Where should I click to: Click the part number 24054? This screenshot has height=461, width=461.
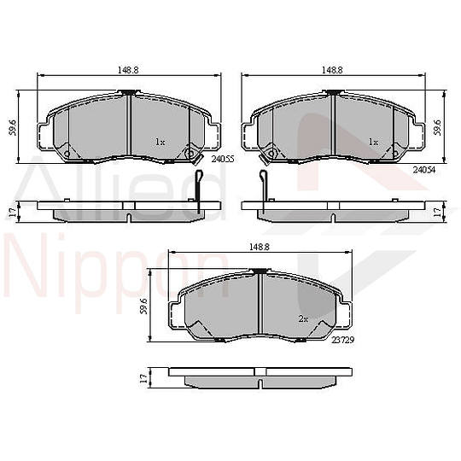coord(424,171)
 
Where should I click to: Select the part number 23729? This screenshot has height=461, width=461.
coord(343,338)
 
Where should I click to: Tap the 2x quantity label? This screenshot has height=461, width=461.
coord(302,318)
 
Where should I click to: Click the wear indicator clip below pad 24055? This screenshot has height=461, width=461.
coord(197,192)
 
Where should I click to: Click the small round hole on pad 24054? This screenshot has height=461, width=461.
coord(271,155)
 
